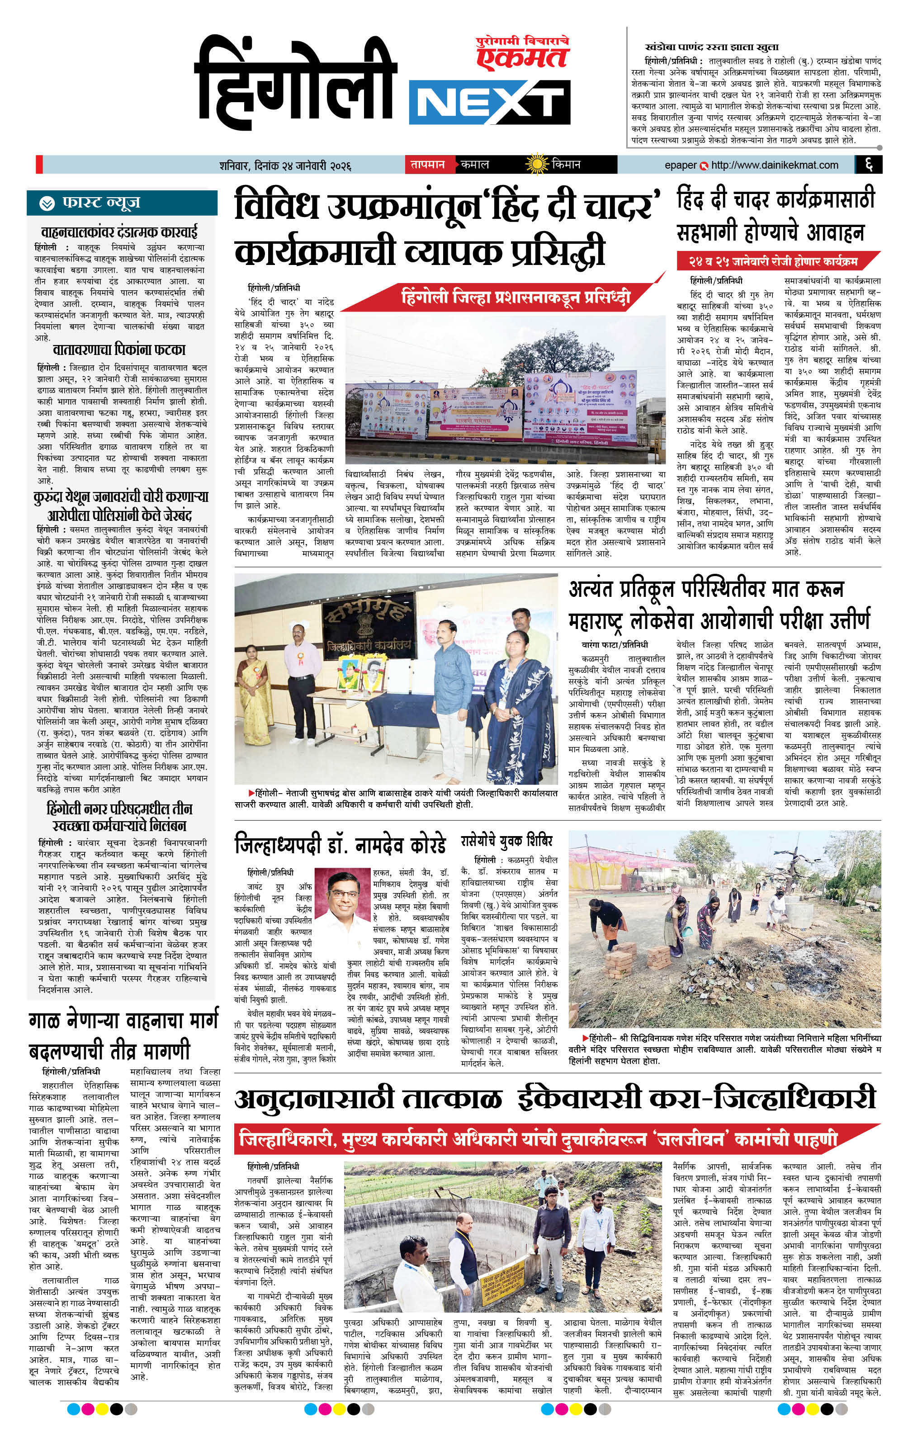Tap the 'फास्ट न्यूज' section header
(101, 203)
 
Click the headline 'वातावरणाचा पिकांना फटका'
(119, 350)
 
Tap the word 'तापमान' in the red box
(428, 165)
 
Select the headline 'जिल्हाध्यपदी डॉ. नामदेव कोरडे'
(340, 846)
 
